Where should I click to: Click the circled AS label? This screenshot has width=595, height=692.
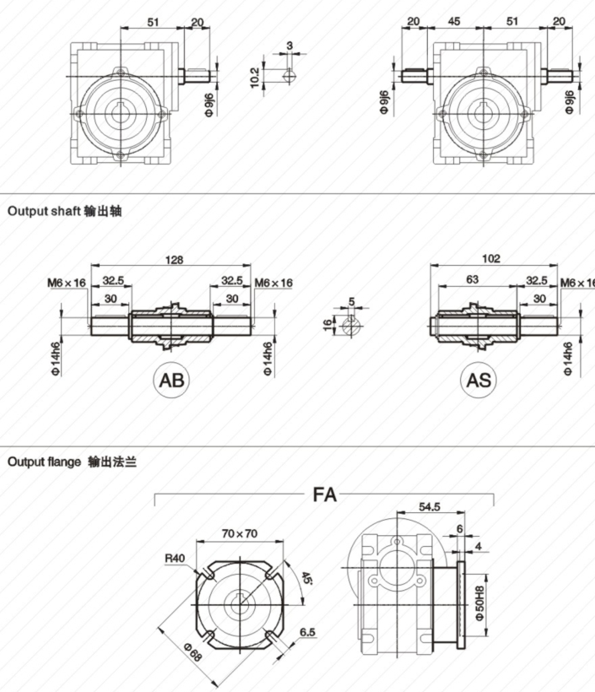[479, 380]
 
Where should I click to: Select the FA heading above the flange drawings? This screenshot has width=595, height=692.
[325, 495]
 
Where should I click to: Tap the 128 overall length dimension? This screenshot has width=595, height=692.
[173, 260]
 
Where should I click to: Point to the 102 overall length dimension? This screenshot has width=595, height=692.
[491, 258]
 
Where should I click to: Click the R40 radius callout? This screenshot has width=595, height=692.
[175, 558]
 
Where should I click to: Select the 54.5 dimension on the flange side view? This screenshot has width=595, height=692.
[430, 507]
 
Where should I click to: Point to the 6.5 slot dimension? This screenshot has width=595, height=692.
[307, 631]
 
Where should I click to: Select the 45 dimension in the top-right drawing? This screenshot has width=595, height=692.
[453, 21]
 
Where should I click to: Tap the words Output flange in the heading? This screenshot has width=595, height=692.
[44, 462]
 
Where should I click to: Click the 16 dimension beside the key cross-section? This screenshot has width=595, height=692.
[327, 326]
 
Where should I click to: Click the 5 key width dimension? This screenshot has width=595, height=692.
[352, 300]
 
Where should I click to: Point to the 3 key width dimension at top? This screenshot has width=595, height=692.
[289, 45]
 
